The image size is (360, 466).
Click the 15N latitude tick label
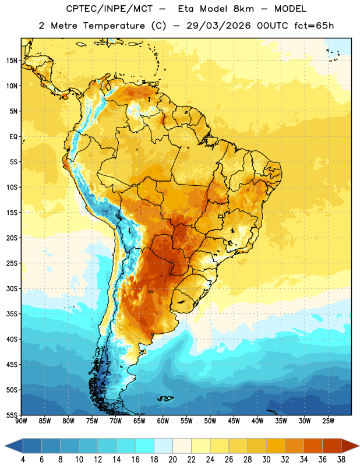12,61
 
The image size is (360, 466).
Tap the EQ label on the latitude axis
13,137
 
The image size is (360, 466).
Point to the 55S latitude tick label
12,415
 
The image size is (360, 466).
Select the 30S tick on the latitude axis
12,288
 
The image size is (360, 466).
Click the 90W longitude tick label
22,421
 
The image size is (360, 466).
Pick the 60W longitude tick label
163,421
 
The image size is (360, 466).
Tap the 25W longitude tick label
328,421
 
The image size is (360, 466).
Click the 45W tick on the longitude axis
234,421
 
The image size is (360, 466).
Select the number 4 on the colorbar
23,460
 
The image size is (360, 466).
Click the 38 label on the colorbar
341,460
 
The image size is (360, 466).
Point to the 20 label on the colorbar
172,460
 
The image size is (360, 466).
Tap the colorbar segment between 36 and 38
332,446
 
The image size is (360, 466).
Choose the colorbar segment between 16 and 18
145,446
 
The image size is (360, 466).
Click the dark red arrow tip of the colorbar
350,446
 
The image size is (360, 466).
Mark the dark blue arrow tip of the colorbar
13,446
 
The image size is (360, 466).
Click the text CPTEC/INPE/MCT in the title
110,9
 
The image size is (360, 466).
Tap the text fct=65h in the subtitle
314,26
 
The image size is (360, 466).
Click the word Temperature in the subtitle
114,26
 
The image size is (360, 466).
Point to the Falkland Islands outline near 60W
165,398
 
